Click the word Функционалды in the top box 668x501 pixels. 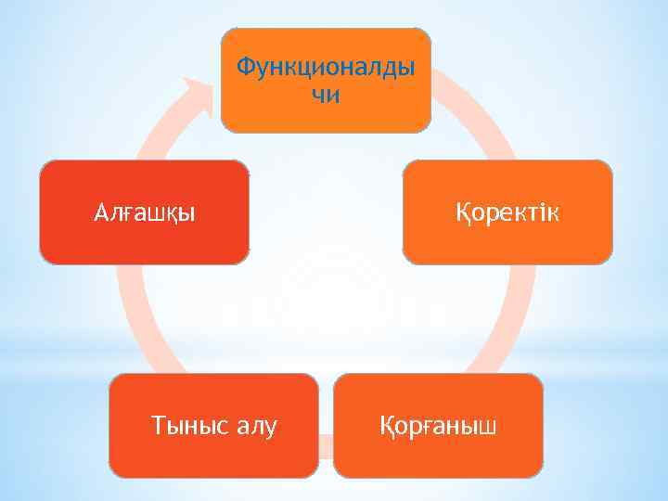coord(326,68)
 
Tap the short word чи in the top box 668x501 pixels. coord(326,95)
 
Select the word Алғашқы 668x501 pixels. coord(145,212)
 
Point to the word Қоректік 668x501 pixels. coord(507,212)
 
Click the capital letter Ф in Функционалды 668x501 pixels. coord(245,67)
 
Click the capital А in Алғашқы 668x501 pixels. coord(101,212)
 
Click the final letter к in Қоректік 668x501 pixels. coord(553,213)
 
